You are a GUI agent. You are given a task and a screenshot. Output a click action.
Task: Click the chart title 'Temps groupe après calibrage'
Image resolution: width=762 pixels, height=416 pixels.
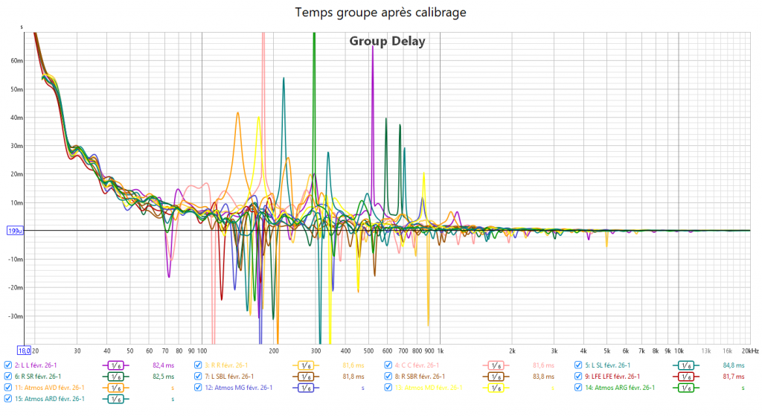click(x=381, y=13)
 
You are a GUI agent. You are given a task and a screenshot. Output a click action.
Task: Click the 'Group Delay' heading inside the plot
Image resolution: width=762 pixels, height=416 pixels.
click(x=387, y=42)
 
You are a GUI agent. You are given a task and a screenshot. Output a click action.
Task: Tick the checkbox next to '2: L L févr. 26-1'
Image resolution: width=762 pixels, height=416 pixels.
click(x=7, y=365)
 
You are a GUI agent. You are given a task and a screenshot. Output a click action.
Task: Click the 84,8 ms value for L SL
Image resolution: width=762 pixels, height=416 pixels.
click(x=734, y=365)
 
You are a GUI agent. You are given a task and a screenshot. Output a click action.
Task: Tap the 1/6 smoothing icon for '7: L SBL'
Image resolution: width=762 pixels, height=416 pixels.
click(x=306, y=377)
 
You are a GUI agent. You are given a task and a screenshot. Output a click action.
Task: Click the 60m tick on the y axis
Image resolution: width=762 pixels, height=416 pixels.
click(x=16, y=61)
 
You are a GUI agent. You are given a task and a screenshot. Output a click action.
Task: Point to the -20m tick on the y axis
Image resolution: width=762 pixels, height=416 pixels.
click(x=15, y=287)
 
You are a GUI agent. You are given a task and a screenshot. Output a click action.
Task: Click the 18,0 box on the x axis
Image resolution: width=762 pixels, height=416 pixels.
click(x=24, y=350)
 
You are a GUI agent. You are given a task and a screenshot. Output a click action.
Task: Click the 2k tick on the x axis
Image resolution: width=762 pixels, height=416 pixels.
click(x=512, y=350)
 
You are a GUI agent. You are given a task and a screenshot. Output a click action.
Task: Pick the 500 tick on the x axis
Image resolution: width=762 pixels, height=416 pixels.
click(x=369, y=350)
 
